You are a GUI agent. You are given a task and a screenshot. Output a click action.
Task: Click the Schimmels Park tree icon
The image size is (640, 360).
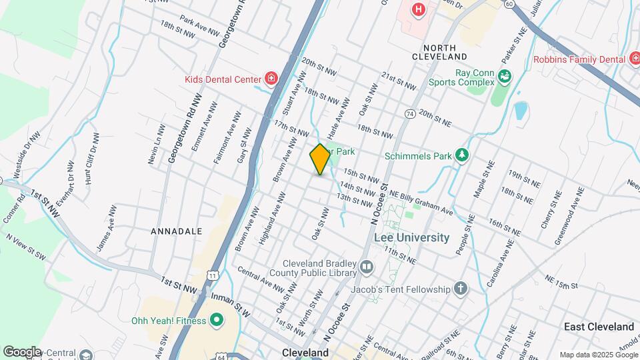461,156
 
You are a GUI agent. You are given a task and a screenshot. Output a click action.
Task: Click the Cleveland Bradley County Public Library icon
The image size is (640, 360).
366,268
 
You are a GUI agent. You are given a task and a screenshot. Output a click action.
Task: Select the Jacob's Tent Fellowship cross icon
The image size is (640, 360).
461,289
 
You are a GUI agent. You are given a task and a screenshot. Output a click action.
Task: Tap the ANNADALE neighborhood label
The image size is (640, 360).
176,231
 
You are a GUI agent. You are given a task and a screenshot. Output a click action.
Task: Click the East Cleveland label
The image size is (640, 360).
599,327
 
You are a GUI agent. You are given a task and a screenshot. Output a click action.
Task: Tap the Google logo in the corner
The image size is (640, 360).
22,351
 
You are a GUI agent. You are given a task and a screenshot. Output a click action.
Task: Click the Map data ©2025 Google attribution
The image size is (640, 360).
598,355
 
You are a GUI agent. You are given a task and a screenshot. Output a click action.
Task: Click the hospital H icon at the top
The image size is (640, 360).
419,9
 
